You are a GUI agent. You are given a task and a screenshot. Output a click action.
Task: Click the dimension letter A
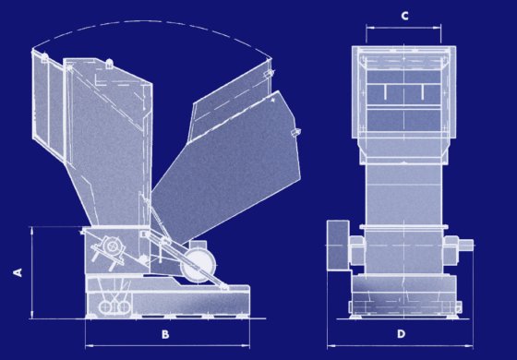click(18, 272)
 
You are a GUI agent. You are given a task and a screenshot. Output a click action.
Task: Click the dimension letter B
click(165, 334)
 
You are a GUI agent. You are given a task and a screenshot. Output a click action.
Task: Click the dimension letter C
click(404, 16)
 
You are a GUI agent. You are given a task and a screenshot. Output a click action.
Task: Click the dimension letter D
click(401, 334)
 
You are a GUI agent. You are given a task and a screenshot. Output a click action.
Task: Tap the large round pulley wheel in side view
click(198, 264)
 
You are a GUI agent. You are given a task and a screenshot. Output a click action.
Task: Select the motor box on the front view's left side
click(338, 246)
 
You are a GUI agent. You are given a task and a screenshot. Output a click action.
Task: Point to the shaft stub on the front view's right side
click(466, 245)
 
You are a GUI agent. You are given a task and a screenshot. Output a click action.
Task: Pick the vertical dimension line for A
click(32, 272)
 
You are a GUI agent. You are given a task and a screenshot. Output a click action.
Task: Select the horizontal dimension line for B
click(167, 345)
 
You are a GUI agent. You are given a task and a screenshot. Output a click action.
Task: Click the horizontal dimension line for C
click(403, 28)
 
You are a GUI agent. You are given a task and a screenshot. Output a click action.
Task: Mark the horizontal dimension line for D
click(400, 346)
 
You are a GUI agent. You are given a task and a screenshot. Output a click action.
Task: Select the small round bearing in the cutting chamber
click(113, 246)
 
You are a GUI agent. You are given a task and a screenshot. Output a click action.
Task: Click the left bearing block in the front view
click(357, 249)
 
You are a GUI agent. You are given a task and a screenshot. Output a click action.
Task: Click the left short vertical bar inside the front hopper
click(384, 91)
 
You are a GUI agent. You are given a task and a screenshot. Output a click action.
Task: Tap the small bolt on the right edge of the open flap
click(295, 133)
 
